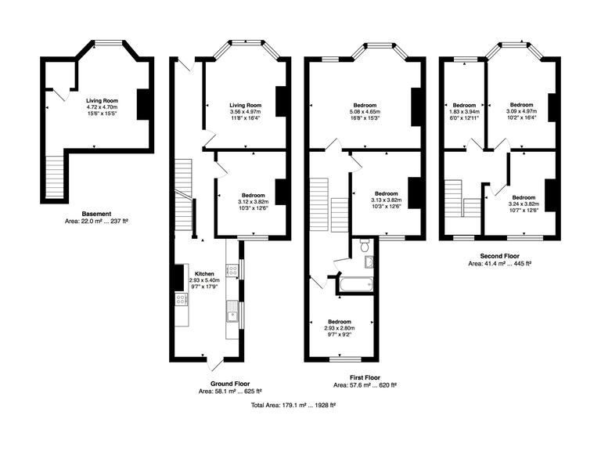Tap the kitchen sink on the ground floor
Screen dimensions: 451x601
click(232, 316)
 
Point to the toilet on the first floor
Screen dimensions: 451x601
click(365, 246)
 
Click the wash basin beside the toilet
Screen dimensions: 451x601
click(369, 262)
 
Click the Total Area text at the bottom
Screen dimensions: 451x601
click(293, 405)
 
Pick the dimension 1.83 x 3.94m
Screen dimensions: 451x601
click(464, 111)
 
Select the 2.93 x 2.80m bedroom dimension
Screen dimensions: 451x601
click(340, 328)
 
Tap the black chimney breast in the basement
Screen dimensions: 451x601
click(143, 104)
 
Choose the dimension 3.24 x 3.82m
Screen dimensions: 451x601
click(523, 203)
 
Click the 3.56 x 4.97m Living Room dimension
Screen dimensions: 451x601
click(245, 112)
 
